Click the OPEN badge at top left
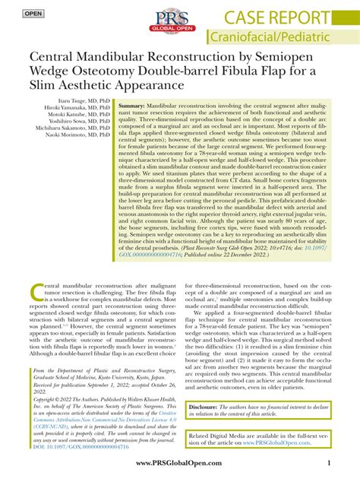(x=33, y=14)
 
